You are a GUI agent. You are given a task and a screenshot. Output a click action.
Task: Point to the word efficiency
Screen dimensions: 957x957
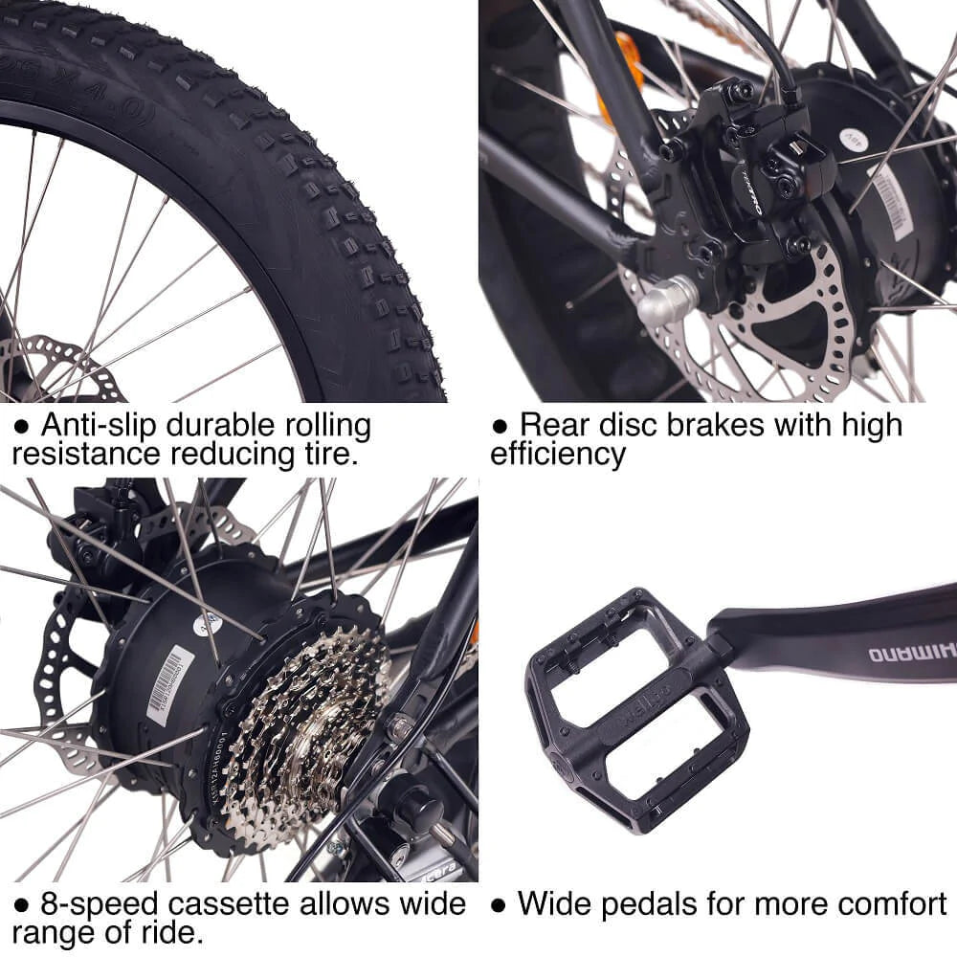558,454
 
